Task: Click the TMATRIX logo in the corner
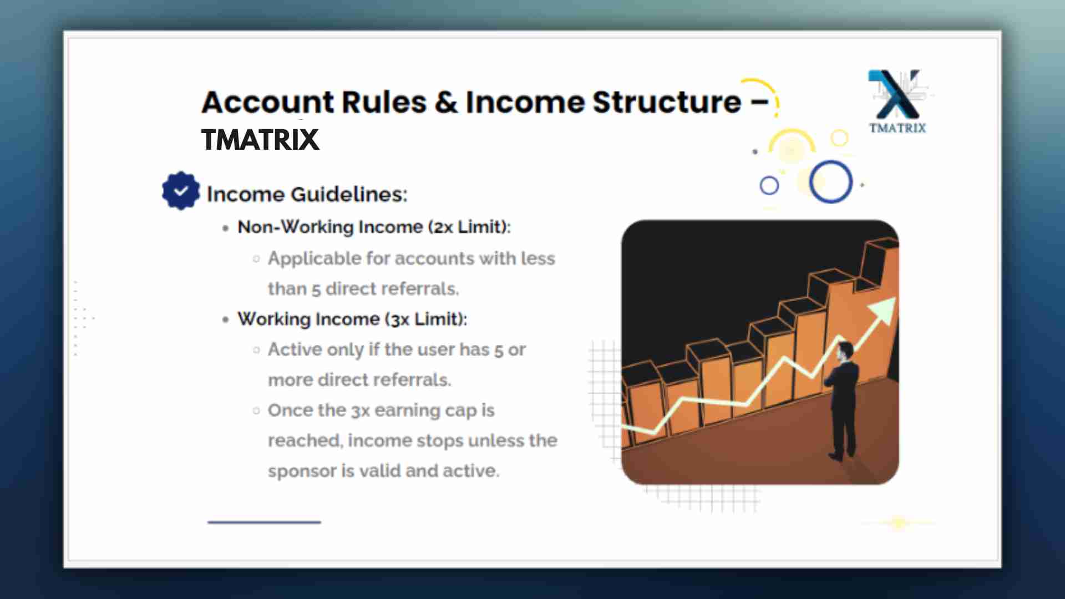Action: click(897, 101)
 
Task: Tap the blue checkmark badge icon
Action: click(181, 191)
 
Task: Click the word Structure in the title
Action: click(667, 102)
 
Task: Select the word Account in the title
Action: click(268, 102)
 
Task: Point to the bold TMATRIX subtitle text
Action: click(260, 139)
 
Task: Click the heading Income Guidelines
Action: click(307, 194)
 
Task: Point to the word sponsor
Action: click(302, 471)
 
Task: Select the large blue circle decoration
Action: click(830, 182)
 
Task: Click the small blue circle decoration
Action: click(769, 185)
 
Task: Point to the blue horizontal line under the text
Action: click(264, 522)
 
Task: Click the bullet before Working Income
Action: click(225, 319)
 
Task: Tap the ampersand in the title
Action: click(447, 102)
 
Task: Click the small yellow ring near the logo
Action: click(839, 138)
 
